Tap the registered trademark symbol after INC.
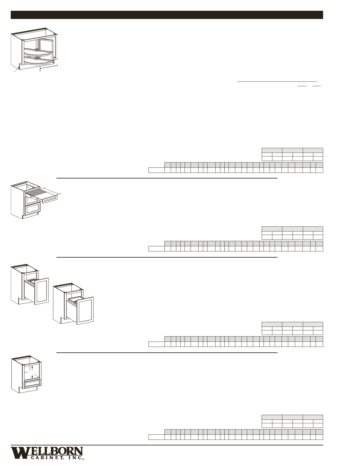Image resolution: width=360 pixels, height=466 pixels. click(x=83, y=460)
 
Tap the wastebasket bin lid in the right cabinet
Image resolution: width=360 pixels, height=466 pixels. click(x=74, y=299)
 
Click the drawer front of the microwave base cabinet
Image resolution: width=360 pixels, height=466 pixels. click(x=32, y=383)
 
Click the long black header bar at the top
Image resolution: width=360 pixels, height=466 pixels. click(x=167, y=15)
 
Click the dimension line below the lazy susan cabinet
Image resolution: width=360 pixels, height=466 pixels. click(x=48, y=68)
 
